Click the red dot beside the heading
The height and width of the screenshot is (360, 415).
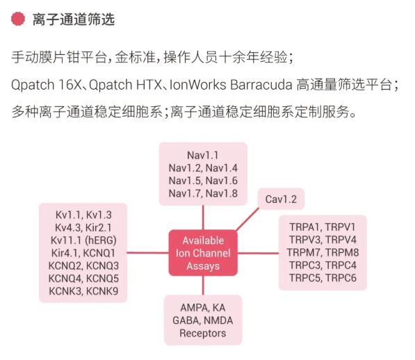tap(18, 19)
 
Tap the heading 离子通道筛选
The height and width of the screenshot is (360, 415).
tap(74, 19)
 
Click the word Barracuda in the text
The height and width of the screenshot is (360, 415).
tap(261, 85)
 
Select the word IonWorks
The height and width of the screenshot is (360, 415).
tap(197, 85)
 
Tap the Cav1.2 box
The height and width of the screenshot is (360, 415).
tap(281, 199)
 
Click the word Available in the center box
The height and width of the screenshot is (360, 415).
tap(203, 240)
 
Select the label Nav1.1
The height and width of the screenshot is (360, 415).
tap(203, 155)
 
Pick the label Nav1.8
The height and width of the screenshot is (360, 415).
tap(222, 193)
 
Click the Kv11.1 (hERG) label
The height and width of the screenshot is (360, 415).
tap(83, 240)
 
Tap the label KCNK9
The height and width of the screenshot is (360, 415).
tap(102, 291)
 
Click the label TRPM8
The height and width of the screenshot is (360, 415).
tap(342, 252)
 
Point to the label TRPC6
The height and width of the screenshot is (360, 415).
tap(341, 278)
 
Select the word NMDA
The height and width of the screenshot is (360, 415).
tap(218, 320)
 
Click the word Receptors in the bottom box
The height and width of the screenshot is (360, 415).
tap(203, 333)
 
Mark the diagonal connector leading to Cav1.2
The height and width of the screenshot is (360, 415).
tap(247, 220)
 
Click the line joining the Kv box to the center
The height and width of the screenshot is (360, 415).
tap(148, 252)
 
